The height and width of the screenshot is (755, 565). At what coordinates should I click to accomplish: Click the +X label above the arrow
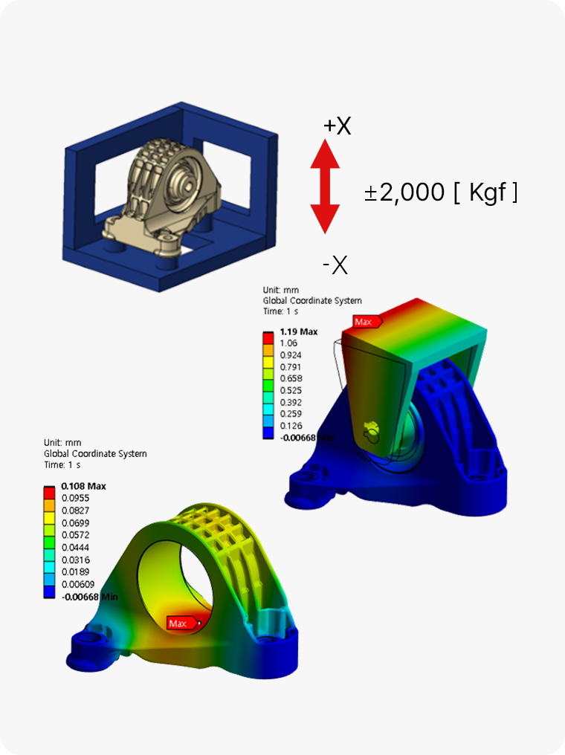(337, 126)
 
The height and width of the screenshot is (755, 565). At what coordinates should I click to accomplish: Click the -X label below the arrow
(335, 265)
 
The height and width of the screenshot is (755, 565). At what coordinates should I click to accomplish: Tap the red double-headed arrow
(325, 187)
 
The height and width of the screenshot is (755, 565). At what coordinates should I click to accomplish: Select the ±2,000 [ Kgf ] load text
(441, 193)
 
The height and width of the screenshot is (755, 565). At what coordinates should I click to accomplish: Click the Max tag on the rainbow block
(364, 322)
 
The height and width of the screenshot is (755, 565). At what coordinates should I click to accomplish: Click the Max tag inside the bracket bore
(178, 623)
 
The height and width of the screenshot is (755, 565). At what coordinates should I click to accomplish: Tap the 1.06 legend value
(289, 343)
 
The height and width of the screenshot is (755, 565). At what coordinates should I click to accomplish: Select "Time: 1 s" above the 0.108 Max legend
(63, 465)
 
